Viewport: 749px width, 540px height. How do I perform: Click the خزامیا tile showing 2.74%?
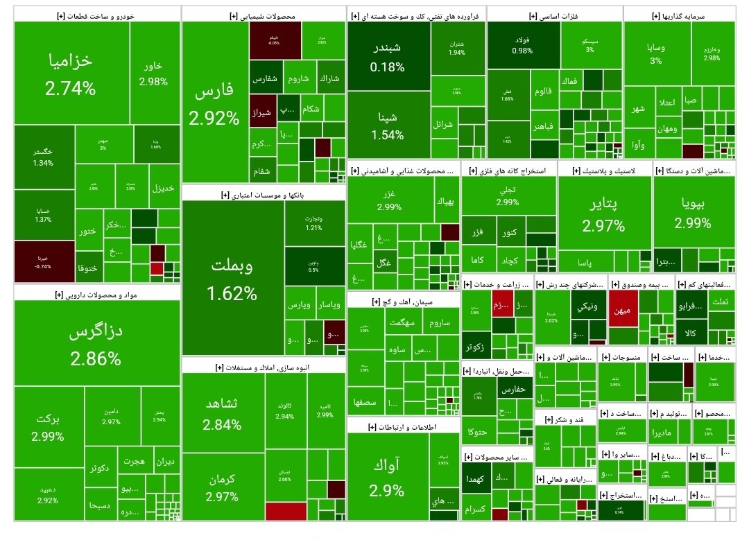71,73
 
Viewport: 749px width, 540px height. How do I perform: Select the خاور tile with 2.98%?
153,73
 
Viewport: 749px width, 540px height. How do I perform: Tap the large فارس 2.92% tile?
214,104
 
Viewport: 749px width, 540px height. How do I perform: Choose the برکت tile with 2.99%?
48,427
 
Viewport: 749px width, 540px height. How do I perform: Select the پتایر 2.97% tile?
603,214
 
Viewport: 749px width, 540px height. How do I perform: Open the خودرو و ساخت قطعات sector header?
97,15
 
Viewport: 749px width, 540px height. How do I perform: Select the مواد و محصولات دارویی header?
97,295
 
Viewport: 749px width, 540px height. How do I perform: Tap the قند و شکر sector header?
565,420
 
